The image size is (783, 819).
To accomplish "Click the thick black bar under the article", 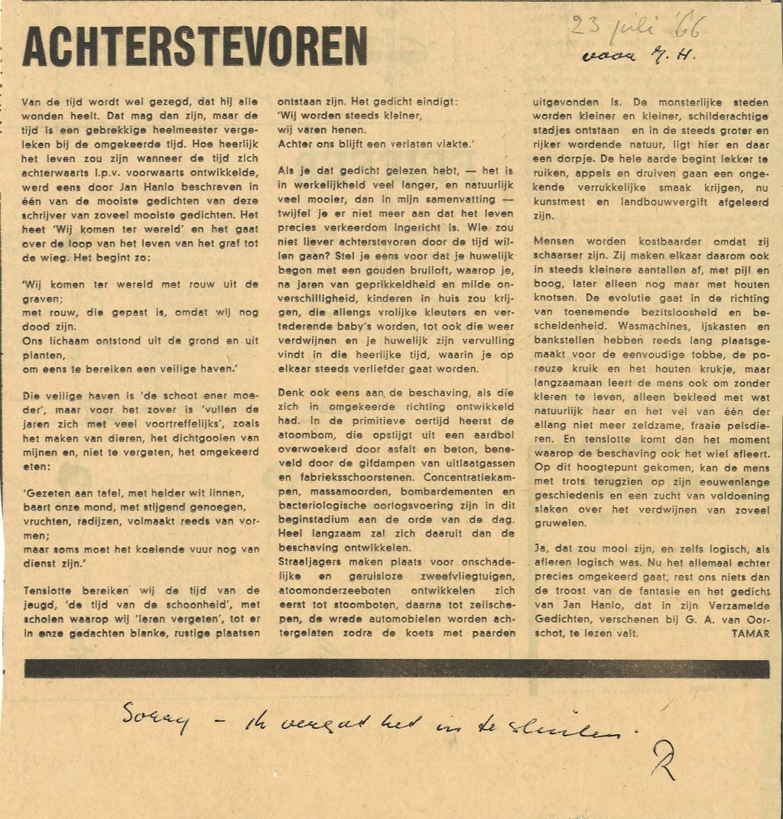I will click(396, 668).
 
